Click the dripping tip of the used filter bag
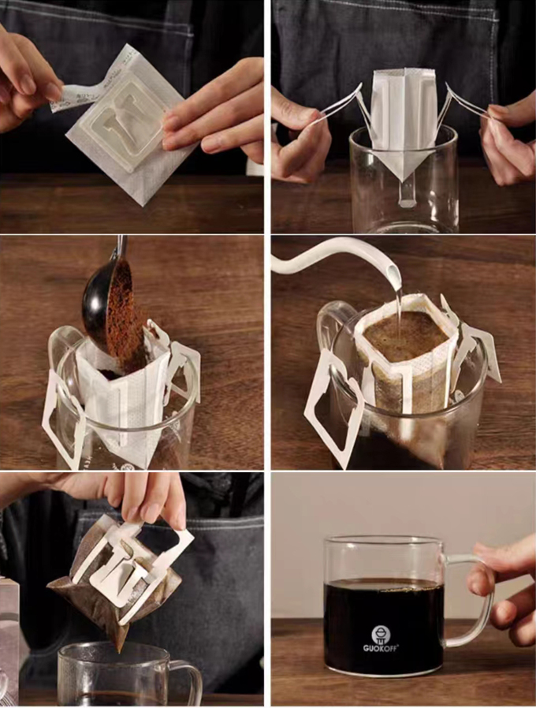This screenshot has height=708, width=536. point(120,650)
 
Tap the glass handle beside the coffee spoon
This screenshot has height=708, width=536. point(65,348)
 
